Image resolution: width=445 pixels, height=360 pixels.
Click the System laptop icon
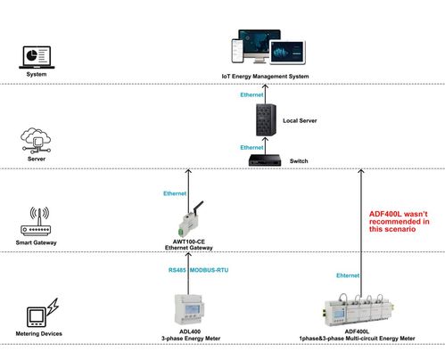(x=36, y=56)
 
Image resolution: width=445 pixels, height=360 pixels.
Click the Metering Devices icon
(x=37, y=317)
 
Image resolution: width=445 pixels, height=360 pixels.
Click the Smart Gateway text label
(x=37, y=242)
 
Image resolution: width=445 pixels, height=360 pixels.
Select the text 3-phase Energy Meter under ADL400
(x=189, y=339)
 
